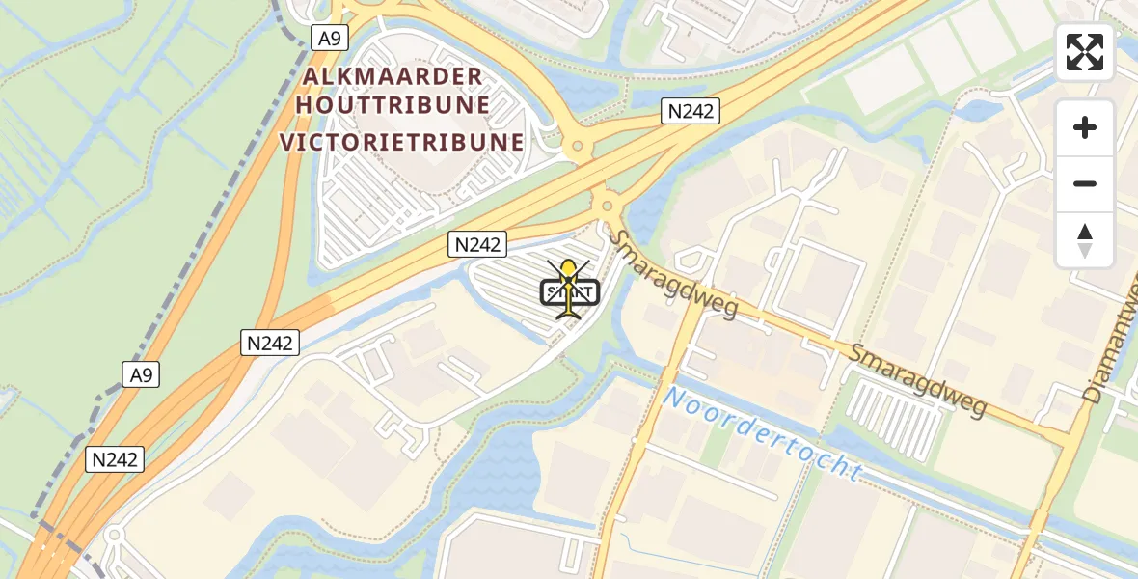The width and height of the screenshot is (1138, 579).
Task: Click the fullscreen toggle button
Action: point(1085,52)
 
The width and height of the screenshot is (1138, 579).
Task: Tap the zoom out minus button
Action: point(1085,183)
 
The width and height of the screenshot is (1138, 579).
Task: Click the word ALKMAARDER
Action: point(390,77)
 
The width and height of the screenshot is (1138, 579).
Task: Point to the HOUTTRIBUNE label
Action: point(393,104)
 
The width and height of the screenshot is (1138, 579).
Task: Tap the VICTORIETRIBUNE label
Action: point(402,143)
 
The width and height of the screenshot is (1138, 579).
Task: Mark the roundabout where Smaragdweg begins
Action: point(607,206)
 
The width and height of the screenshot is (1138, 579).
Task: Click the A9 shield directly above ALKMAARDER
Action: point(330,38)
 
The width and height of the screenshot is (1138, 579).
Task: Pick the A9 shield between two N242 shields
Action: point(142,373)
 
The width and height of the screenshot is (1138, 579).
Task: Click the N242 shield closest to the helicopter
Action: point(476,245)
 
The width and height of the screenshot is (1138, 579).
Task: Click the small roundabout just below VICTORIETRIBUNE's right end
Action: point(578,149)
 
